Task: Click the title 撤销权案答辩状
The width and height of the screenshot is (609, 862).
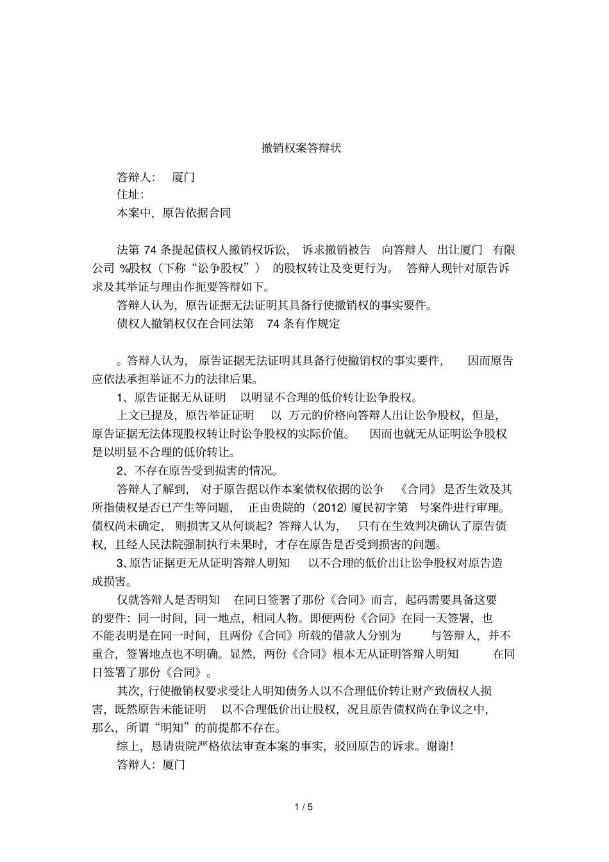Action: coord(301,148)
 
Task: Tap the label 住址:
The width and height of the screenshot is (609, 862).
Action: coord(130,194)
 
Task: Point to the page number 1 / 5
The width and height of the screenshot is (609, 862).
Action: coord(304,807)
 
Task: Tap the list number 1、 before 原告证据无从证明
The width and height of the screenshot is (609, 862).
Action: coord(124,397)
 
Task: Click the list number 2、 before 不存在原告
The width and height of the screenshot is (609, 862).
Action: coord(124,471)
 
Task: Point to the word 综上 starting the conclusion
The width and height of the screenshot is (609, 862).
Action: coord(128,746)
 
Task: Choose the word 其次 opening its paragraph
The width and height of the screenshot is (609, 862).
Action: coord(128,691)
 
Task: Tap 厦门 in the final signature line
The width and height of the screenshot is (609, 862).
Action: coord(174,765)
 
